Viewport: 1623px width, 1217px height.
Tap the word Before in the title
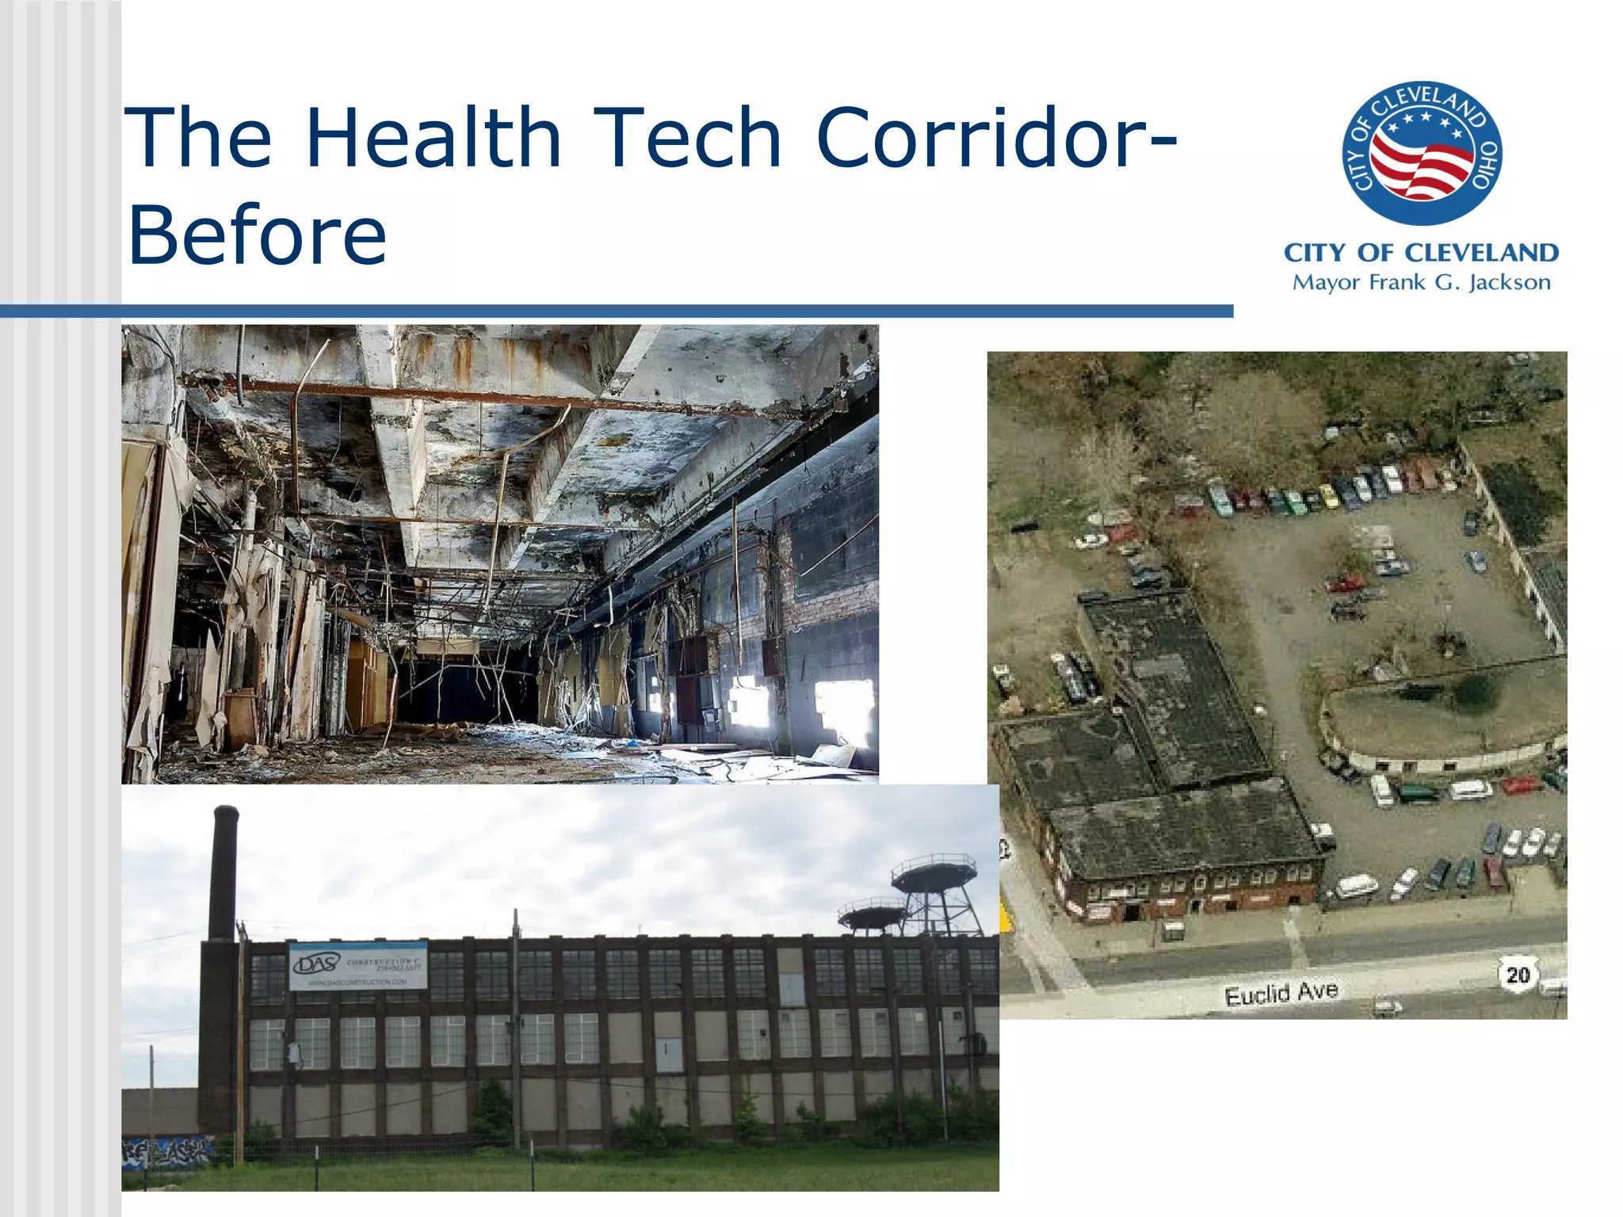click(257, 235)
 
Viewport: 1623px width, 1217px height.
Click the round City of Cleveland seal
click(1422, 154)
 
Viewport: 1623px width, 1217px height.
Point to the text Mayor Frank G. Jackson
click(1421, 283)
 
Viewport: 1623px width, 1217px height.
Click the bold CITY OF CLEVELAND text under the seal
click(1421, 253)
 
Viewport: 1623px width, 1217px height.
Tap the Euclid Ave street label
click(1281, 993)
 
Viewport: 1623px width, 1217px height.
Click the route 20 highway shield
click(1517, 974)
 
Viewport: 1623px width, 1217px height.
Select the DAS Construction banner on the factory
click(358, 966)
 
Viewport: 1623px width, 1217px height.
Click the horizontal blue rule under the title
click(617, 311)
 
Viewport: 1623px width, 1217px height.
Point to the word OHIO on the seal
click(1486, 166)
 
